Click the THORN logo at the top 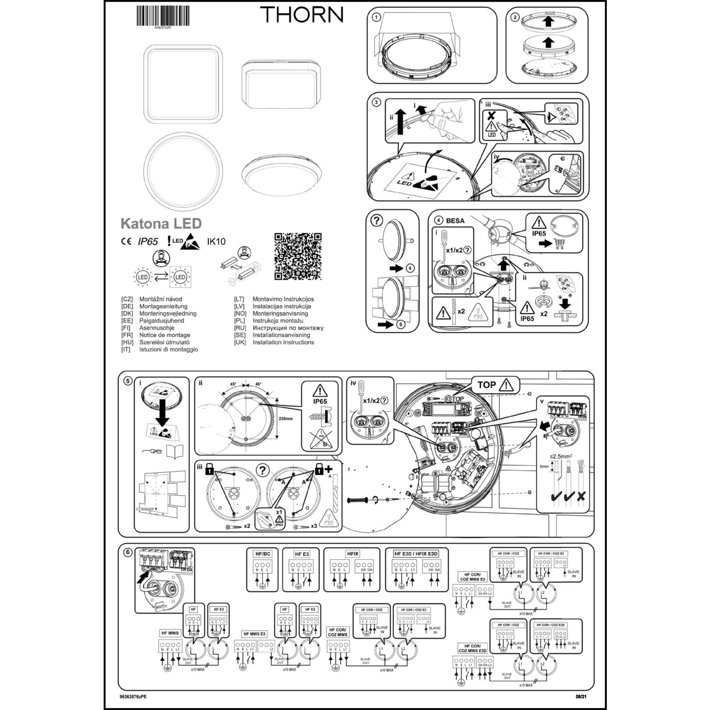pos(302,14)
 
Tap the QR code pos(298,256)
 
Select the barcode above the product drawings pos(163,16)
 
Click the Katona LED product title pos(161,223)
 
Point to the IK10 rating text pos(216,241)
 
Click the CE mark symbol pos(126,241)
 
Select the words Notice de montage pos(164,335)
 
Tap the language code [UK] pos(240,342)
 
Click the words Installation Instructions pos(283,342)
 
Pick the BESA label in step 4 pos(455,221)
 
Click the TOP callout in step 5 pos(487,385)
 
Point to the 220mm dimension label pos(285,418)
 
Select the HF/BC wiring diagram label pos(263,554)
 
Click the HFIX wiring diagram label pos(353,553)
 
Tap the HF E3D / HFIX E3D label pos(417,553)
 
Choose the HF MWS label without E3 pos(170,633)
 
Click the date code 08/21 pos(582,697)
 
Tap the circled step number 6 pos(127,552)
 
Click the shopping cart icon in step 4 pos(559,244)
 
